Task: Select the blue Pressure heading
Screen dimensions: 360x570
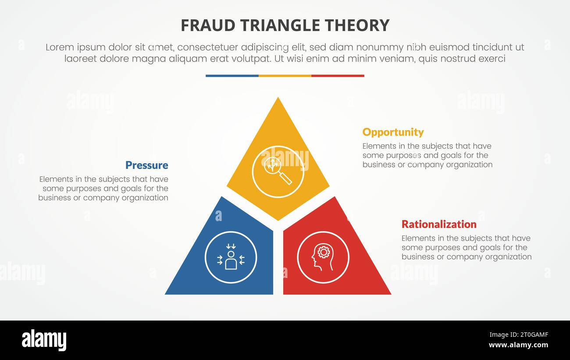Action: tap(146, 165)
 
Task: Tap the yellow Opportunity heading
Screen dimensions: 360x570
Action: tap(393, 132)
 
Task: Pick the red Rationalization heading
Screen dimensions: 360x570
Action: tap(439, 225)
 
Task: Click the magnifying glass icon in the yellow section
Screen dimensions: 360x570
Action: tap(278, 171)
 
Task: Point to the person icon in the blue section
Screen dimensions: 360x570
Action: tap(231, 257)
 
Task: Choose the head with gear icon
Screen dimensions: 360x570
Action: tap(323, 257)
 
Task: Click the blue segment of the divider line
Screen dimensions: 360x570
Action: tap(232, 76)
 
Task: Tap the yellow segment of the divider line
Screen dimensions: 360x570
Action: tap(285, 76)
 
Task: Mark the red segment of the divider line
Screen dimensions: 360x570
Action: tap(338, 76)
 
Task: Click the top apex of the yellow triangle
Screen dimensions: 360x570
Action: tap(278, 99)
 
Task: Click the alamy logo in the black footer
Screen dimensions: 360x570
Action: tap(44, 340)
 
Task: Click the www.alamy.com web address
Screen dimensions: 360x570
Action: tap(518, 345)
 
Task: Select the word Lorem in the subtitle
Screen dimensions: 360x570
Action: tap(60, 47)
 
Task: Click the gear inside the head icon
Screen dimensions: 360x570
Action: tap(324, 252)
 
